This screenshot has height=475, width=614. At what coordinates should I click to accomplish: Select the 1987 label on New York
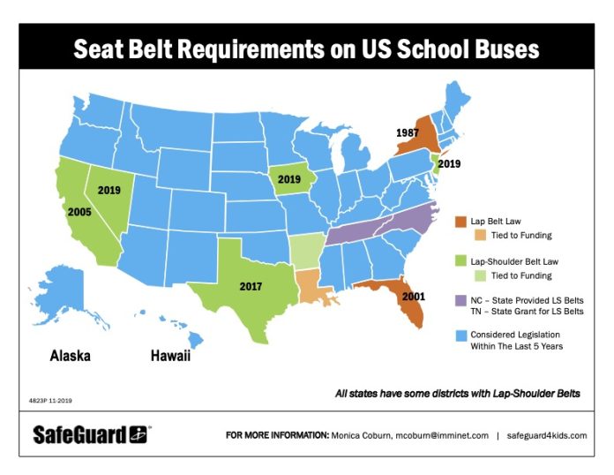click(407, 132)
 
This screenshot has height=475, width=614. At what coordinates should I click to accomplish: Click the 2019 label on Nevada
click(109, 190)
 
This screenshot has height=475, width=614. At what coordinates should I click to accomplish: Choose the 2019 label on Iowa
click(289, 178)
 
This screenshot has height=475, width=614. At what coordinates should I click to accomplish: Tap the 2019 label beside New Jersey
click(448, 163)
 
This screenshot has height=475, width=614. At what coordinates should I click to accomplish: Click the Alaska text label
click(70, 357)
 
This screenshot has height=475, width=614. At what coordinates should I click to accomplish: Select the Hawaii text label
click(169, 357)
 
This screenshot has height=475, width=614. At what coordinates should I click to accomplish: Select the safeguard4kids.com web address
click(547, 435)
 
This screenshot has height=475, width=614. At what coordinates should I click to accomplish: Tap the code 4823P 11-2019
click(51, 400)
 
